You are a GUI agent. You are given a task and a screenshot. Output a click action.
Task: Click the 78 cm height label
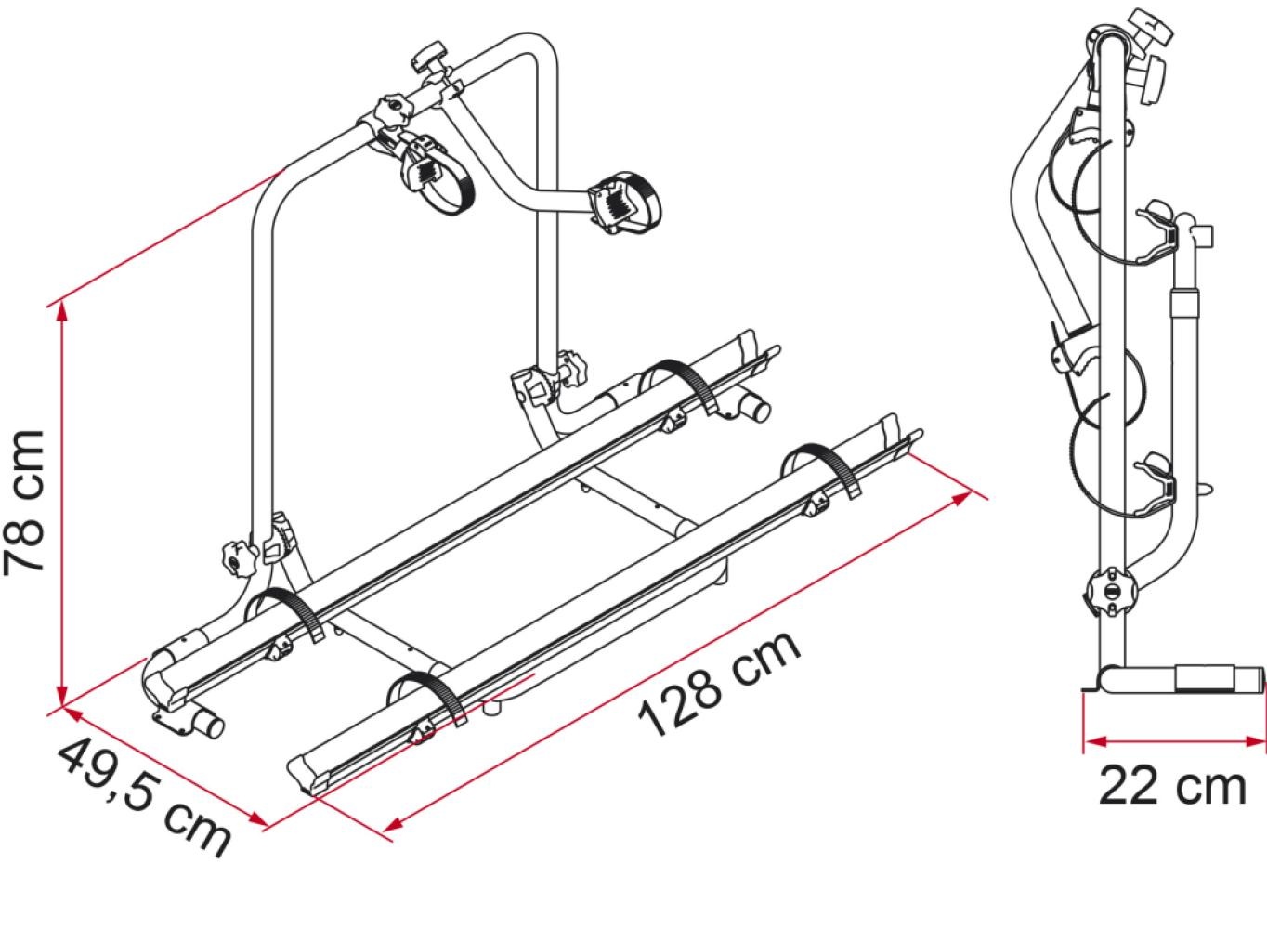26,502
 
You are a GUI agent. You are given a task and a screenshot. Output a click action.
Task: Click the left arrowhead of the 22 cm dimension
1092,741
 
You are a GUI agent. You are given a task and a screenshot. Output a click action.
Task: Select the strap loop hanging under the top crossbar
434,177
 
